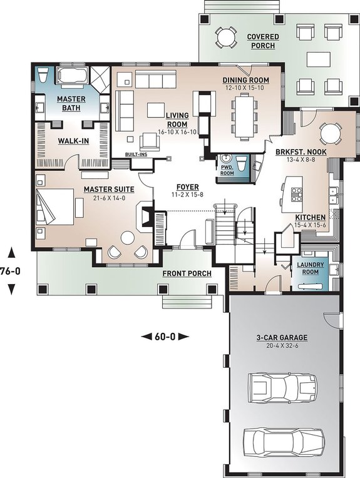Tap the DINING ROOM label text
[x=246, y=80]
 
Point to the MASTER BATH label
[x=71, y=103]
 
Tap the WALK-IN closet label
[x=74, y=141]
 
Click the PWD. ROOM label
[x=225, y=170]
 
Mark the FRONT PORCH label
[x=187, y=273]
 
